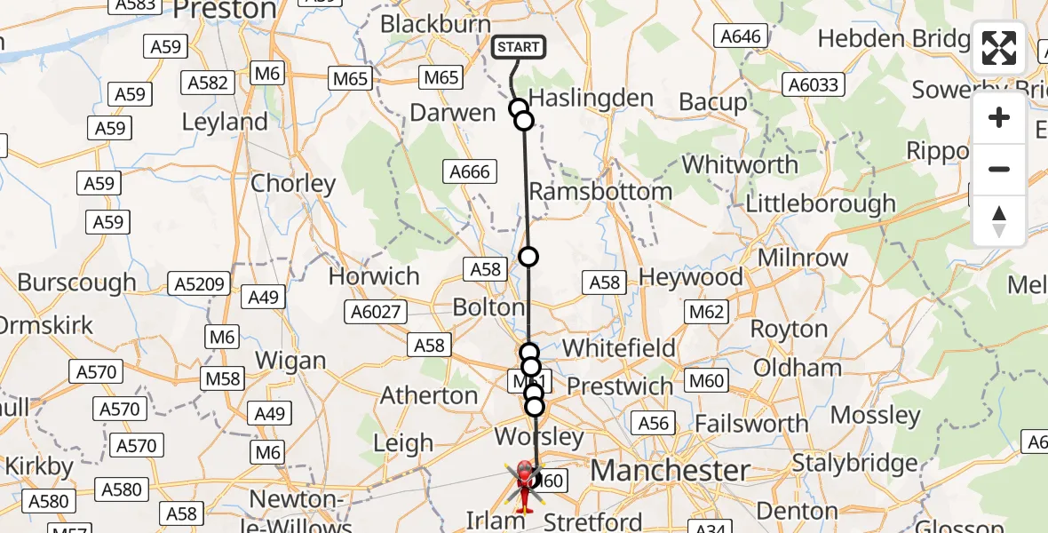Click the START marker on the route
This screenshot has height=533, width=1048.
518,47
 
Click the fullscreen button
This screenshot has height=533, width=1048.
999,48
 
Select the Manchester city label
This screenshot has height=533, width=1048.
671,471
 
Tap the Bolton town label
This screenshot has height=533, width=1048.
488,308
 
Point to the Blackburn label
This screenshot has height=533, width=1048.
435,24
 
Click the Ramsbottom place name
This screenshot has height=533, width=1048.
600,192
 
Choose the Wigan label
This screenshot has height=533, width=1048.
290,362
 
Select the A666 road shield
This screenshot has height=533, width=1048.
470,171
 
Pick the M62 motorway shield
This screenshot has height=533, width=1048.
707,311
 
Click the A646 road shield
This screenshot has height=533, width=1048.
741,36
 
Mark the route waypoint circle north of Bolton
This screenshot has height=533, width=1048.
528,257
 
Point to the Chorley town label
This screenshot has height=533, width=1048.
293,184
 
